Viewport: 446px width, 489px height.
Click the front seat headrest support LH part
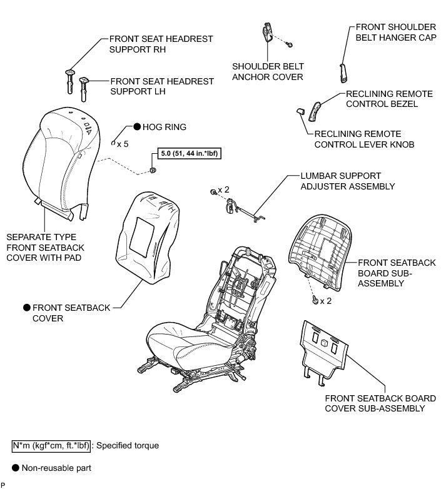pos(83,87)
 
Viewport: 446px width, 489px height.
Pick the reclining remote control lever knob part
pos(300,111)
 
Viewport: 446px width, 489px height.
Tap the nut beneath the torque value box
pos(153,171)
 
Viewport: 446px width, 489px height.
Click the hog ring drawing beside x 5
pos(113,143)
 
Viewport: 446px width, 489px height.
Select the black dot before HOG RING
pos(135,126)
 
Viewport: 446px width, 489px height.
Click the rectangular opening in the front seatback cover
pos(148,228)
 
